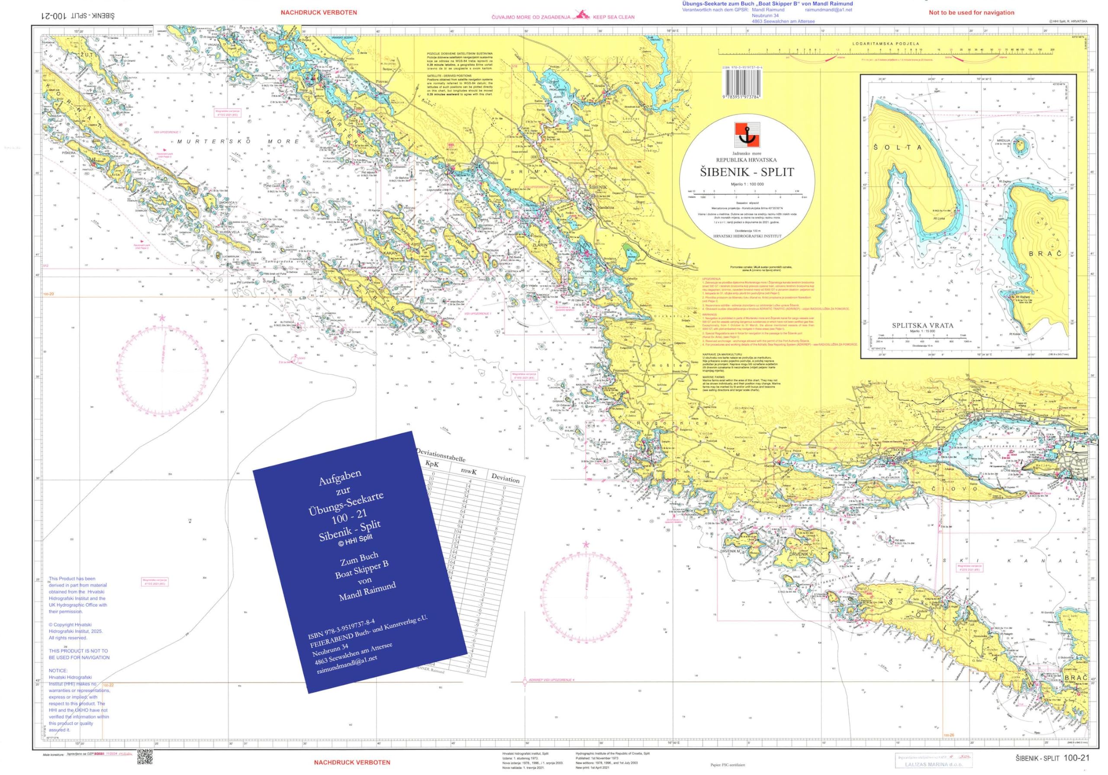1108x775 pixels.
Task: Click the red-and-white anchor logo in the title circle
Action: [x=747, y=135]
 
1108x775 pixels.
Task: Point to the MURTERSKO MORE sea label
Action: [x=238, y=142]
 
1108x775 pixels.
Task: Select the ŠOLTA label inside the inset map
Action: [x=897, y=147]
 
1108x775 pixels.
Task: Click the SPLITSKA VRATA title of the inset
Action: [x=922, y=326]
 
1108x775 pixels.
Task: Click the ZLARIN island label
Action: [x=540, y=245]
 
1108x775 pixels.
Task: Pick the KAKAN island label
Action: [x=390, y=252]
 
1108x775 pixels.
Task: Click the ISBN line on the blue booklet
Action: [x=341, y=629]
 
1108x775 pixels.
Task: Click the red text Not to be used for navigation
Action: [x=971, y=13]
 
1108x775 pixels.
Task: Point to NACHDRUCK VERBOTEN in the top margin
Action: [x=319, y=13]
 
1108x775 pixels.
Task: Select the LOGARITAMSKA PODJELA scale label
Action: [x=886, y=44]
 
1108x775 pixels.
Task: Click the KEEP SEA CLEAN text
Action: [x=613, y=17]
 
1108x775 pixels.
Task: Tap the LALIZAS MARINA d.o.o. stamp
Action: [x=934, y=764]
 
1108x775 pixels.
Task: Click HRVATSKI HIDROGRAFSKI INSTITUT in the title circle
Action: [x=747, y=236]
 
